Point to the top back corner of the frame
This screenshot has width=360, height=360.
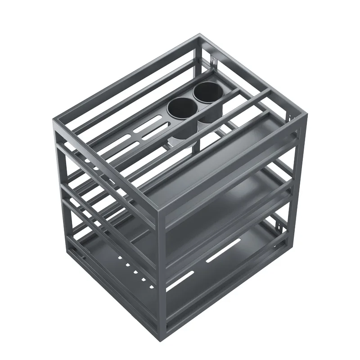point(198,36)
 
